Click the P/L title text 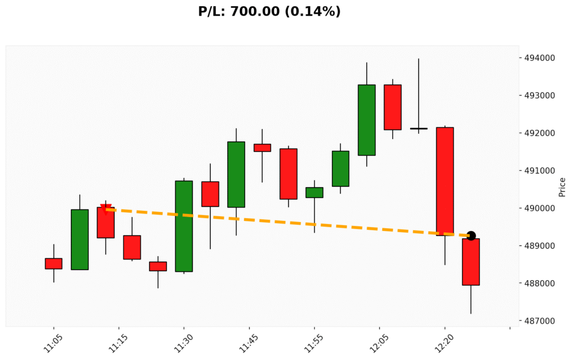tap(269, 11)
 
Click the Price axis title tap(562, 187)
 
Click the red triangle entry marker tap(106, 209)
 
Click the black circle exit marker tap(471, 236)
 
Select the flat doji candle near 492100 tap(418, 129)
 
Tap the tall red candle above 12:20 tap(445, 181)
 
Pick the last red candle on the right tap(471, 262)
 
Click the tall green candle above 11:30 tap(184, 226)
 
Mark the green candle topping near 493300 tap(366, 120)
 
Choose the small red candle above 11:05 tap(54, 263)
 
